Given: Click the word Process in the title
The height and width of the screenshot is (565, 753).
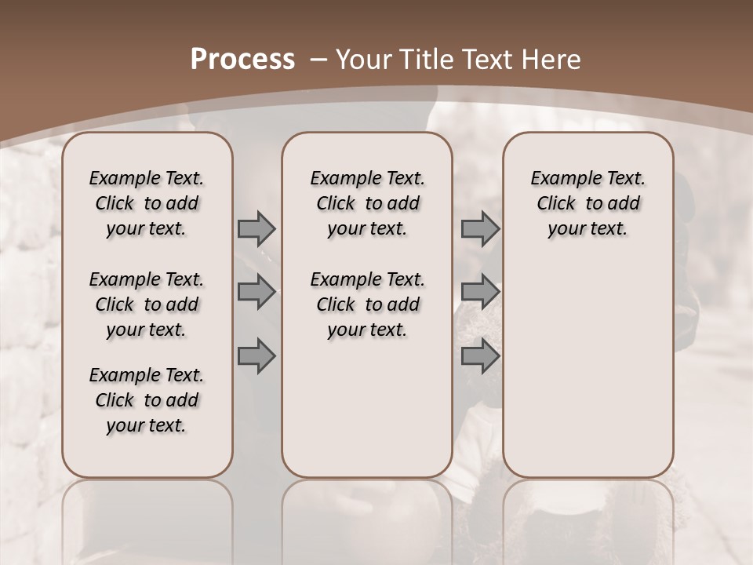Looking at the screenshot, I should (x=242, y=60).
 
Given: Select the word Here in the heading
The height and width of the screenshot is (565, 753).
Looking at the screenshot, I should (x=552, y=60).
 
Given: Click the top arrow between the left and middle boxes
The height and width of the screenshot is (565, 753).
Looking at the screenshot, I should (x=256, y=228).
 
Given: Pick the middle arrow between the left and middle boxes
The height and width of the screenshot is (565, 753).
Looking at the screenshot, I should (x=256, y=292).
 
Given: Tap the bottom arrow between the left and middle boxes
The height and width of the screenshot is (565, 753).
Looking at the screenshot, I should (x=256, y=355).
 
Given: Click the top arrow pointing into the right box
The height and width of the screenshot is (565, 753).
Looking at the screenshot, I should (x=480, y=228).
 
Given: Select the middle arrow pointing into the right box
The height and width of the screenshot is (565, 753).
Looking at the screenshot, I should (x=480, y=292).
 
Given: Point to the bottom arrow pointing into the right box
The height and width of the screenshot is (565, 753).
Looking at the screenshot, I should (x=480, y=355).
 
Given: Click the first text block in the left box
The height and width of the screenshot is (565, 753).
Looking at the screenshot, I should (x=147, y=203).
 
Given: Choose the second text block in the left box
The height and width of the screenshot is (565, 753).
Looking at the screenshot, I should (x=147, y=304).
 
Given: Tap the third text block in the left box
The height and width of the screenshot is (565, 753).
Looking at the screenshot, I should (x=147, y=400).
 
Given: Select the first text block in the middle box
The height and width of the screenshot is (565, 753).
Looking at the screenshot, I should (x=367, y=203).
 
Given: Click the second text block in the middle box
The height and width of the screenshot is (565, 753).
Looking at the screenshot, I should (x=367, y=304).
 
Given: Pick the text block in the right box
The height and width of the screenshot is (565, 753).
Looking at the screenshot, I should (x=587, y=203).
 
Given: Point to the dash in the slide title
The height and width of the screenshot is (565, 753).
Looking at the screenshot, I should (x=318, y=60).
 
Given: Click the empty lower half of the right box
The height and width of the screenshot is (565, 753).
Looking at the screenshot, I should (x=587, y=369).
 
